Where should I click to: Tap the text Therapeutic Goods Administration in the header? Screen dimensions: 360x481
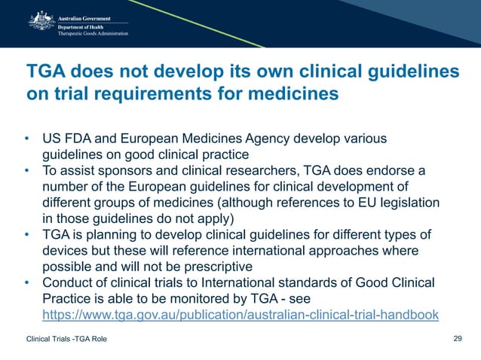[x=93, y=33]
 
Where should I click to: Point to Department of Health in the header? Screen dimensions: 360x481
[x=81, y=26]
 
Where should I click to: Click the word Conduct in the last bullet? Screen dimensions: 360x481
[x=67, y=284]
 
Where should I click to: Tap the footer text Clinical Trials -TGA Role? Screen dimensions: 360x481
[x=66, y=339]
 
